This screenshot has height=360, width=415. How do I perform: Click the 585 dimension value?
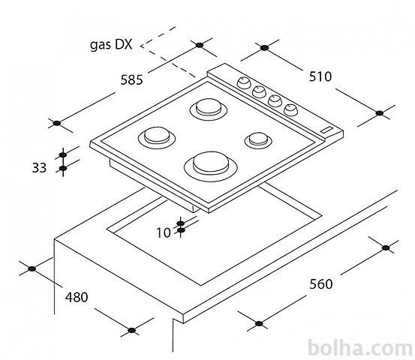(x=131, y=79)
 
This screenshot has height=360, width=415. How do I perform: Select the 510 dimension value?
(x=320, y=76)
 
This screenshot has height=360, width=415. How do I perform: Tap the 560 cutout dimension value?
(x=320, y=284)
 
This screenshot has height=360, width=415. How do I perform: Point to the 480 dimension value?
(x=77, y=297)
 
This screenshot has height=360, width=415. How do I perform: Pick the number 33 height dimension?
(x=39, y=168)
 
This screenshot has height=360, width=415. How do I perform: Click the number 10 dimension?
(x=164, y=233)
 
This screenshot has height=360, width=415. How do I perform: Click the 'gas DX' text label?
(x=111, y=45)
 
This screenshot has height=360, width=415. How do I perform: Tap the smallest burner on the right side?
(x=258, y=140)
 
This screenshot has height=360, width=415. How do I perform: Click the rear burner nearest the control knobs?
(x=209, y=109)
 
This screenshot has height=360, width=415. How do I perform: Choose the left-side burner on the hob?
(x=157, y=137)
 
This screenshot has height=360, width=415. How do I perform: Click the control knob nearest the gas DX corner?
(x=243, y=82)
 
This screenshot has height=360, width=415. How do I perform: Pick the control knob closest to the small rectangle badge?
(x=290, y=110)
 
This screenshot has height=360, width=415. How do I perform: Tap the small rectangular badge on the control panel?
(x=328, y=130)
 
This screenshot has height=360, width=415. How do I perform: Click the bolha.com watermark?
(x=360, y=348)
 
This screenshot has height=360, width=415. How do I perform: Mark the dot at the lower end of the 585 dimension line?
(x=56, y=123)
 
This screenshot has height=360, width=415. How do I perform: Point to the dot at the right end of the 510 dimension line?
(x=380, y=113)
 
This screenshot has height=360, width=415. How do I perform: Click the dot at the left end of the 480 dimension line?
(x=32, y=269)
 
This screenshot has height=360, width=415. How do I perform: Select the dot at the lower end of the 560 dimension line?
(x=259, y=323)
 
